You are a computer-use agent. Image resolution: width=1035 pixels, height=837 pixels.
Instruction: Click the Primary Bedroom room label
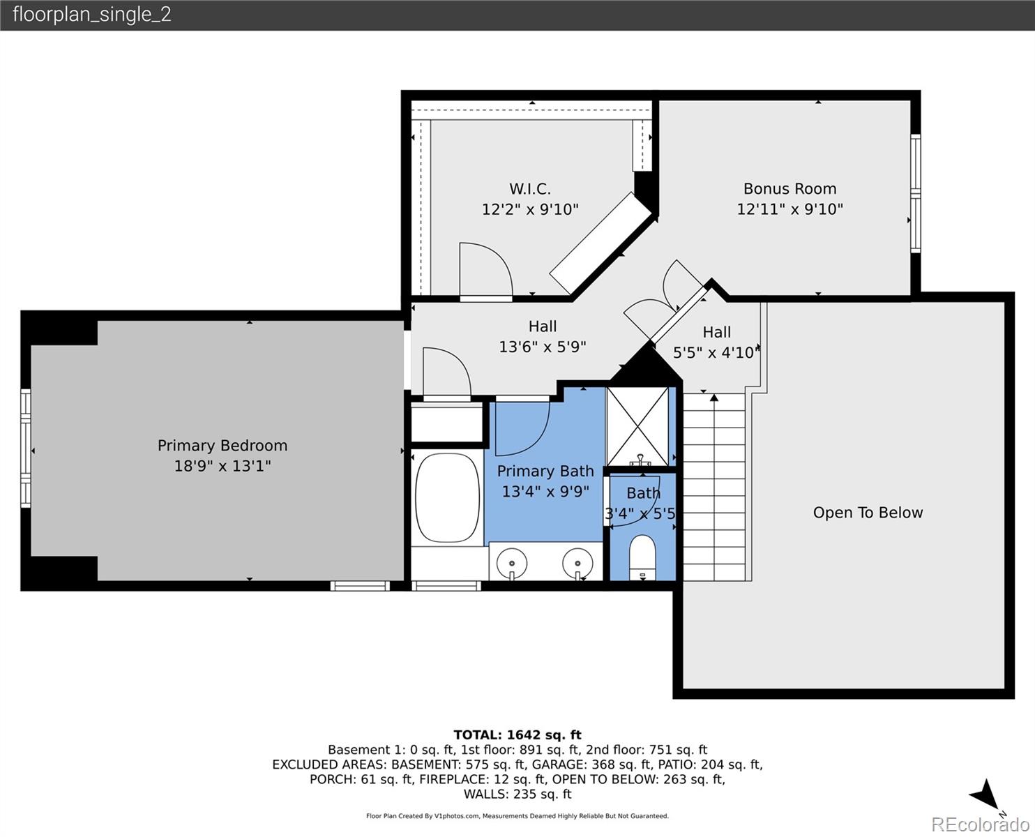222,446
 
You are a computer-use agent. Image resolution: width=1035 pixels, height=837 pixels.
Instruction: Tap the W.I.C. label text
530,189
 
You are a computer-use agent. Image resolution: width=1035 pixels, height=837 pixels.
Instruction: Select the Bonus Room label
790,189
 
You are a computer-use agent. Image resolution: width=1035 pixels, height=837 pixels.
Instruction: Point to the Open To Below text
868,513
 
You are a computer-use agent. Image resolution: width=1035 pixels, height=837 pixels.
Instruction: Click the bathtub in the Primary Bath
448,497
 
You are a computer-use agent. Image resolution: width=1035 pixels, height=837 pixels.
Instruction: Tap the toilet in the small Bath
642,555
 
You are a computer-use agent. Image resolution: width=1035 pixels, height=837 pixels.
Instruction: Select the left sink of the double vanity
514,561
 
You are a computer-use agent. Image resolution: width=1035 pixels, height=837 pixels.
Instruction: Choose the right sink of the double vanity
577,561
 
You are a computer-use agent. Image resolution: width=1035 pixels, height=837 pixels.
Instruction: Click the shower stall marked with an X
637,426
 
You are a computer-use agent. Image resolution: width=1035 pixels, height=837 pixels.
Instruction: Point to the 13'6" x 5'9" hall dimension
543,347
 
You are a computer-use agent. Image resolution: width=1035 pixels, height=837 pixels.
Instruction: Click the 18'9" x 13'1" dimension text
222,466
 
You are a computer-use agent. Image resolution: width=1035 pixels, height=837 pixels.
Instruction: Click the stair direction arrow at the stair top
713,399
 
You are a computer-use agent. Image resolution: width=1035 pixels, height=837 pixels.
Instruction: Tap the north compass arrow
985,794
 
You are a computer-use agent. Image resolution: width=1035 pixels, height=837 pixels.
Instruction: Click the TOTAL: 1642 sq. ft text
517,734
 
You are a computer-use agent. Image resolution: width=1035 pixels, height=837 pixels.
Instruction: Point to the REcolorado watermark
981,824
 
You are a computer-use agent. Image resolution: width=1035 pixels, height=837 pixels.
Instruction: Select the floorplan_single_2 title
92,15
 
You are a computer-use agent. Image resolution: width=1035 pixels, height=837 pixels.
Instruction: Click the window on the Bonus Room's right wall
916,193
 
